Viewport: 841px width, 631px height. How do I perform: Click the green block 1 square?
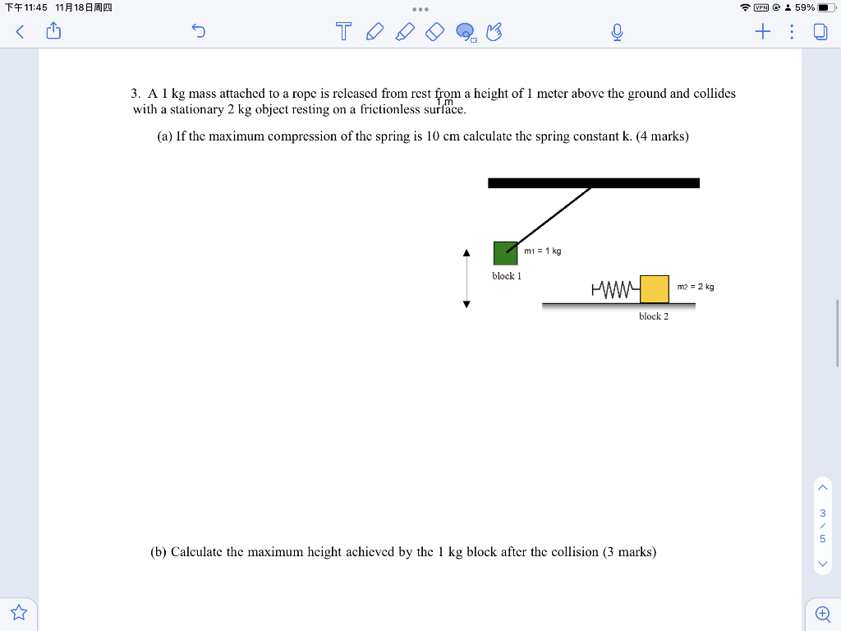tap(505, 253)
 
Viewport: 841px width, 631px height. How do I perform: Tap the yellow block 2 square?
tap(655, 288)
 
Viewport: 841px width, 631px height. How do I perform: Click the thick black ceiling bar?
tap(593, 182)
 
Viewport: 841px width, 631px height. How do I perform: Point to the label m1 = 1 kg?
tap(543, 251)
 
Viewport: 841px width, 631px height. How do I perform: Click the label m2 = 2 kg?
tap(696, 287)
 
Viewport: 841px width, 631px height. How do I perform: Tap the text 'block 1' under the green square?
tap(507, 276)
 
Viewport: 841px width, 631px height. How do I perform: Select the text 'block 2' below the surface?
tap(654, 316)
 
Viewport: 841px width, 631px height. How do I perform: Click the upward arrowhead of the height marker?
tap(466, 252)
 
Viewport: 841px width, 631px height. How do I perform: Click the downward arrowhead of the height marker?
tap(466, 304)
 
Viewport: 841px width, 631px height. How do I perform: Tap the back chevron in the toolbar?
tap(20, 32)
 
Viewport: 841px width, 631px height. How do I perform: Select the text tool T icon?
tap(344, 32)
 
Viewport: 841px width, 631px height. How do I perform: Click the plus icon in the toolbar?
tap(763, 32)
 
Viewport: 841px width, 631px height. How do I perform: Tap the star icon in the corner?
tap(19, 612)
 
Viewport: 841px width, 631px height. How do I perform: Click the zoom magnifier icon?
tap(822, 613)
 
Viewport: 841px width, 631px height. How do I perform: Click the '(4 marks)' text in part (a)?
tap(662, 136)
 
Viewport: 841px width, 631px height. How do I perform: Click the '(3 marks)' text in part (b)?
tap(629, 552)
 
